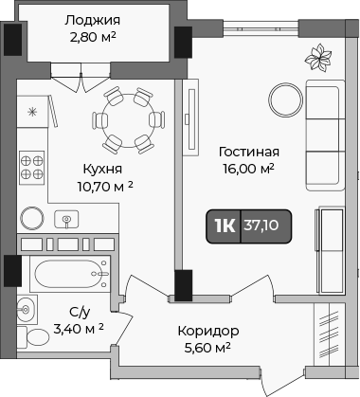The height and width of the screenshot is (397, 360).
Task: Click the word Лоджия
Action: [92, 20]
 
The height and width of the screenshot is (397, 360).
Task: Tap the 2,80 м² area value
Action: [92, 39]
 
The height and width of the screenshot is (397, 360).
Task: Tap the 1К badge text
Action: [225, 225]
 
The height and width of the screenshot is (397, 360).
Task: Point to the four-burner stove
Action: [34, 167]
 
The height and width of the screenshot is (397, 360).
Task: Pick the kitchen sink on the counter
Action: [68, 219]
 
